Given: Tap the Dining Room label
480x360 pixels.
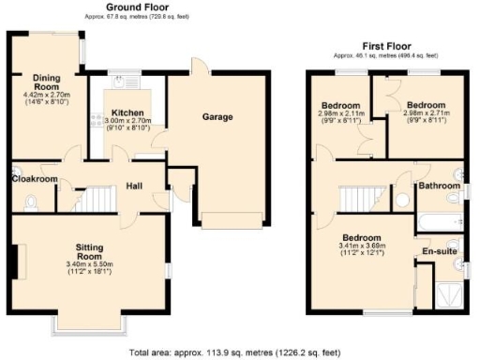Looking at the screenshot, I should [46, 79].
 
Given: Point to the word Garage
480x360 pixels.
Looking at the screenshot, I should [217, 117].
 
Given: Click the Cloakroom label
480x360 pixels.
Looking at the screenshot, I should [35, 179].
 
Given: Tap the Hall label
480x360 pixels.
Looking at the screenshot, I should [135, 186].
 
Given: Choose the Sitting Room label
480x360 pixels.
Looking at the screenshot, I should [89, 251].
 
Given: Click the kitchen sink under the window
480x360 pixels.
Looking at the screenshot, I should [122, 82].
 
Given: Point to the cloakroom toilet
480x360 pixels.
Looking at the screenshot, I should [31, 200].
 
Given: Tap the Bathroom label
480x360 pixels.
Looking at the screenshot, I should [437, 187].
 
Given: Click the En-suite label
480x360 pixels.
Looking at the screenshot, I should [439, 251].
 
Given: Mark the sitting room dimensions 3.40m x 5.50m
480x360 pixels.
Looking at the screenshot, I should [89, 265].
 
